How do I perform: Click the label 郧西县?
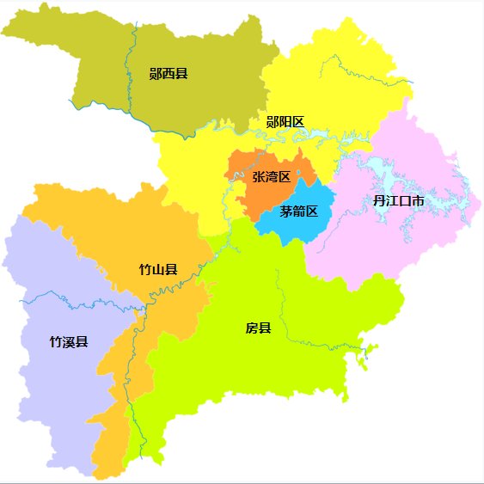168,74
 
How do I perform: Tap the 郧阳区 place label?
285,122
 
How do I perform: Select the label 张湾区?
272,177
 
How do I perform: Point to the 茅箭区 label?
298,211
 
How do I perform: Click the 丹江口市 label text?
398,201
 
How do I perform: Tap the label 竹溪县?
69,341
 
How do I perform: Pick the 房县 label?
258,328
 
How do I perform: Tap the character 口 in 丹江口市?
405,201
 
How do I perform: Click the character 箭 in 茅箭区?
298,211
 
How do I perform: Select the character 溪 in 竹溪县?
69,341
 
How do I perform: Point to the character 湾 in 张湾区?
272,177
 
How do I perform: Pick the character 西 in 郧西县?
168,74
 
